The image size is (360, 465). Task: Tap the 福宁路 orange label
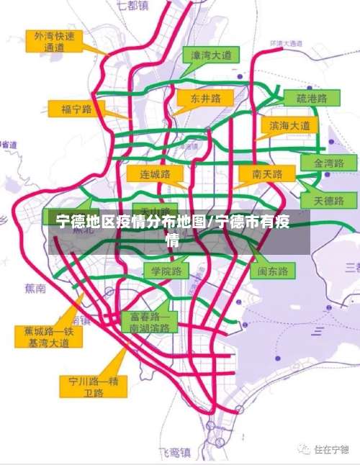tap(77, 109)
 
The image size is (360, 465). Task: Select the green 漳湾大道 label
tap(210, 55)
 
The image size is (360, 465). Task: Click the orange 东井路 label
tap(206, 98)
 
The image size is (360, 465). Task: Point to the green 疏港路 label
tap(312, 98)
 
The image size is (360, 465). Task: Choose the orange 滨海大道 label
tap(289, 125)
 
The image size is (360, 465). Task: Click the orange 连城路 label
tap(154, 174)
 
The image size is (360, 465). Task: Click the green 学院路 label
tap(166, 271)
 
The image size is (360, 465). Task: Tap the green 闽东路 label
tap(273, 271)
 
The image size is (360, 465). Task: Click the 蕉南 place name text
tap(35, 289)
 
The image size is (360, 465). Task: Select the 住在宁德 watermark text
tap(330, 449)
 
